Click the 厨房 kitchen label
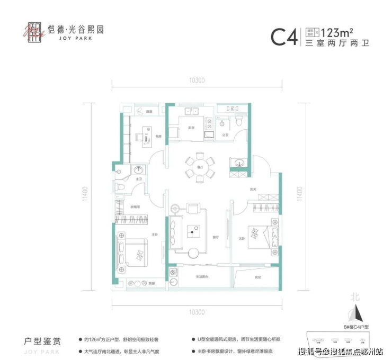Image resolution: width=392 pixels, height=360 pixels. [x=190, y=128]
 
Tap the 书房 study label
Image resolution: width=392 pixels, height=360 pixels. [x=158, y=137]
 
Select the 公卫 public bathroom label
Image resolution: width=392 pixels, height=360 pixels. [x=225, y=134]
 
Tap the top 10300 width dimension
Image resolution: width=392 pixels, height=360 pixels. [x=197, y=80]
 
